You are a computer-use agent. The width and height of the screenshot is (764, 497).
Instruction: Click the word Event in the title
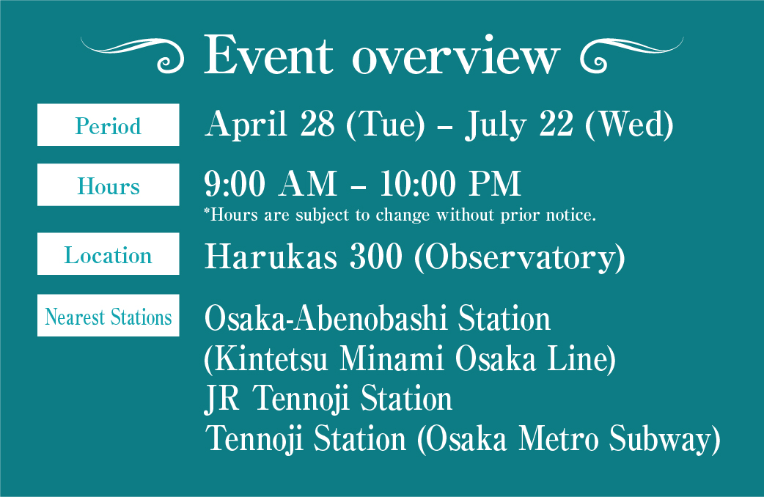(268, 55)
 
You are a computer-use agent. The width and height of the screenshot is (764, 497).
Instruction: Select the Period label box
(109, 125)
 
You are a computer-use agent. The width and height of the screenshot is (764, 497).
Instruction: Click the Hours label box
(109, 185)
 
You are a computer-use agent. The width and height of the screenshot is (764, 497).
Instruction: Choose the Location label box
(109, 254)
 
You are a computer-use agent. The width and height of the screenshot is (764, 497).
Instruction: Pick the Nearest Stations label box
(109, 315)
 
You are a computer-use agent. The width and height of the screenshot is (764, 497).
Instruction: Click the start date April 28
(269, 125)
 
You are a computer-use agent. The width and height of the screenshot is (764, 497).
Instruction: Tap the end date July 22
(519, 125)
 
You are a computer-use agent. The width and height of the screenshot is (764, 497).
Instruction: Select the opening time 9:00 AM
(271, 184)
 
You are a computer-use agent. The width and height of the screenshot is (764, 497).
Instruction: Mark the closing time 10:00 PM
(450, 184)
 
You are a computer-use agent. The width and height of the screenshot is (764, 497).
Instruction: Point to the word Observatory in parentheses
(519, 257)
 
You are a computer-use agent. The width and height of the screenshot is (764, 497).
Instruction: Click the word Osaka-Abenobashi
(326, 318)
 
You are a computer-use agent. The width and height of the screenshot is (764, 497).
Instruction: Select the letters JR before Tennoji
(222, 399)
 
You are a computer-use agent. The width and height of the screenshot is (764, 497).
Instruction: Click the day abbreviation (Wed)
(629, 125)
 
